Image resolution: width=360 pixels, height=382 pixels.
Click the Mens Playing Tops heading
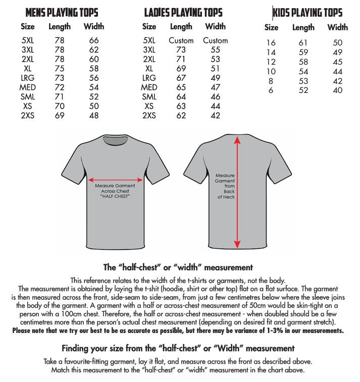pyautogui.click(x=62, y=12)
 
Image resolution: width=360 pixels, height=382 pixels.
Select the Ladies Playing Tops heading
pyautogui.click(x=183, y=12)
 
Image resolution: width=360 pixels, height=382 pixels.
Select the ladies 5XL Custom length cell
pyautogui.click(x=181, y=40)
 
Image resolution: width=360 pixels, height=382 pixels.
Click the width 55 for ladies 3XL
pyautogui.click(x=216, y=50)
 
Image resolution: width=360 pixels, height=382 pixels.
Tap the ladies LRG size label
pyautogui.click(x=149, y=78)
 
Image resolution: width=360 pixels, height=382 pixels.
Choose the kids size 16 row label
pyautogui.click(x=271, y=43)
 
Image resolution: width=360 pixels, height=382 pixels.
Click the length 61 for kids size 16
pyautogui.click(x=303, y=43)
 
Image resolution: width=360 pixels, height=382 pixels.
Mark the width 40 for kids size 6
pyautogui.click(x=338, y=90)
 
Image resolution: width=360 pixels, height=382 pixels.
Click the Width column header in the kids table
pyautogui.click(x=338, y=27)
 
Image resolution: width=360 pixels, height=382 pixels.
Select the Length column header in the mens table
pyautogui.click(x=60, y=26)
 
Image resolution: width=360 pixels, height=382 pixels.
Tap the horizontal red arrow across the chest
pyautogui.click(x=115, y=179)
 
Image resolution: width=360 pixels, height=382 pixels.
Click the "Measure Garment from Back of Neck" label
pyautogui.click(x=225, y=185)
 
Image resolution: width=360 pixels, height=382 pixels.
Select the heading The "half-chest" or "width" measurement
pyautogui.click(x=178, y=267)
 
